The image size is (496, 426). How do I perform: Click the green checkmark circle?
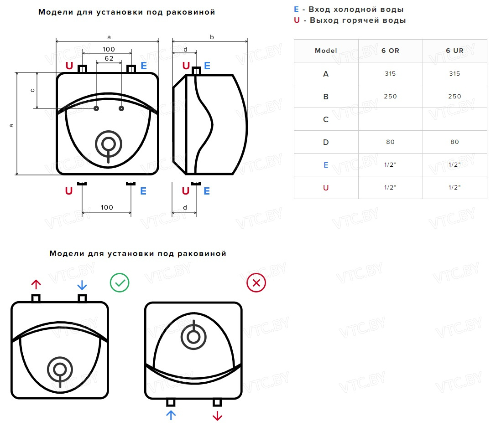point(120,283)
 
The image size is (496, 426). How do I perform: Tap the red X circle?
point(256,283)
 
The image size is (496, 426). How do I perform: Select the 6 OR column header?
point(390,51)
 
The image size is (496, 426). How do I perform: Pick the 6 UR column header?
point(454,51)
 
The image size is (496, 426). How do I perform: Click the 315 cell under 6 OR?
point(390,74)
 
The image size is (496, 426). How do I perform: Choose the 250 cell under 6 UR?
point(454,97)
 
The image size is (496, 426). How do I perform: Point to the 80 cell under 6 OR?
point(390,142)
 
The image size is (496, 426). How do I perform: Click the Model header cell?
point(326,51)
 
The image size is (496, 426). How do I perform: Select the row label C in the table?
point(326,119)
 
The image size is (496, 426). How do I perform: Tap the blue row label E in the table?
point(326,165)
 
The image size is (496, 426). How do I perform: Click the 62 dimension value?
point(109,58)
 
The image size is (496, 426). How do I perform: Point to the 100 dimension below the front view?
point(107,207)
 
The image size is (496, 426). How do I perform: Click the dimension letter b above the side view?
point(212,37)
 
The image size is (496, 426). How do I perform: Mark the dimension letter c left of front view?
point(32,90)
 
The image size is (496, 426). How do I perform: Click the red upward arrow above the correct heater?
point(36,285)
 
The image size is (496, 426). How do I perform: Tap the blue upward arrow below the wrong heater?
point(171,415)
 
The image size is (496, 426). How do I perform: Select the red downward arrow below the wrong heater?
point(217,415)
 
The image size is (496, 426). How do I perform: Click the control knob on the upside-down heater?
point(193,337)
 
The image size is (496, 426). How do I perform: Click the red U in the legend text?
point(297,21)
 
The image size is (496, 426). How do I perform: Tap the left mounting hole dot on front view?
point(96,108)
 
